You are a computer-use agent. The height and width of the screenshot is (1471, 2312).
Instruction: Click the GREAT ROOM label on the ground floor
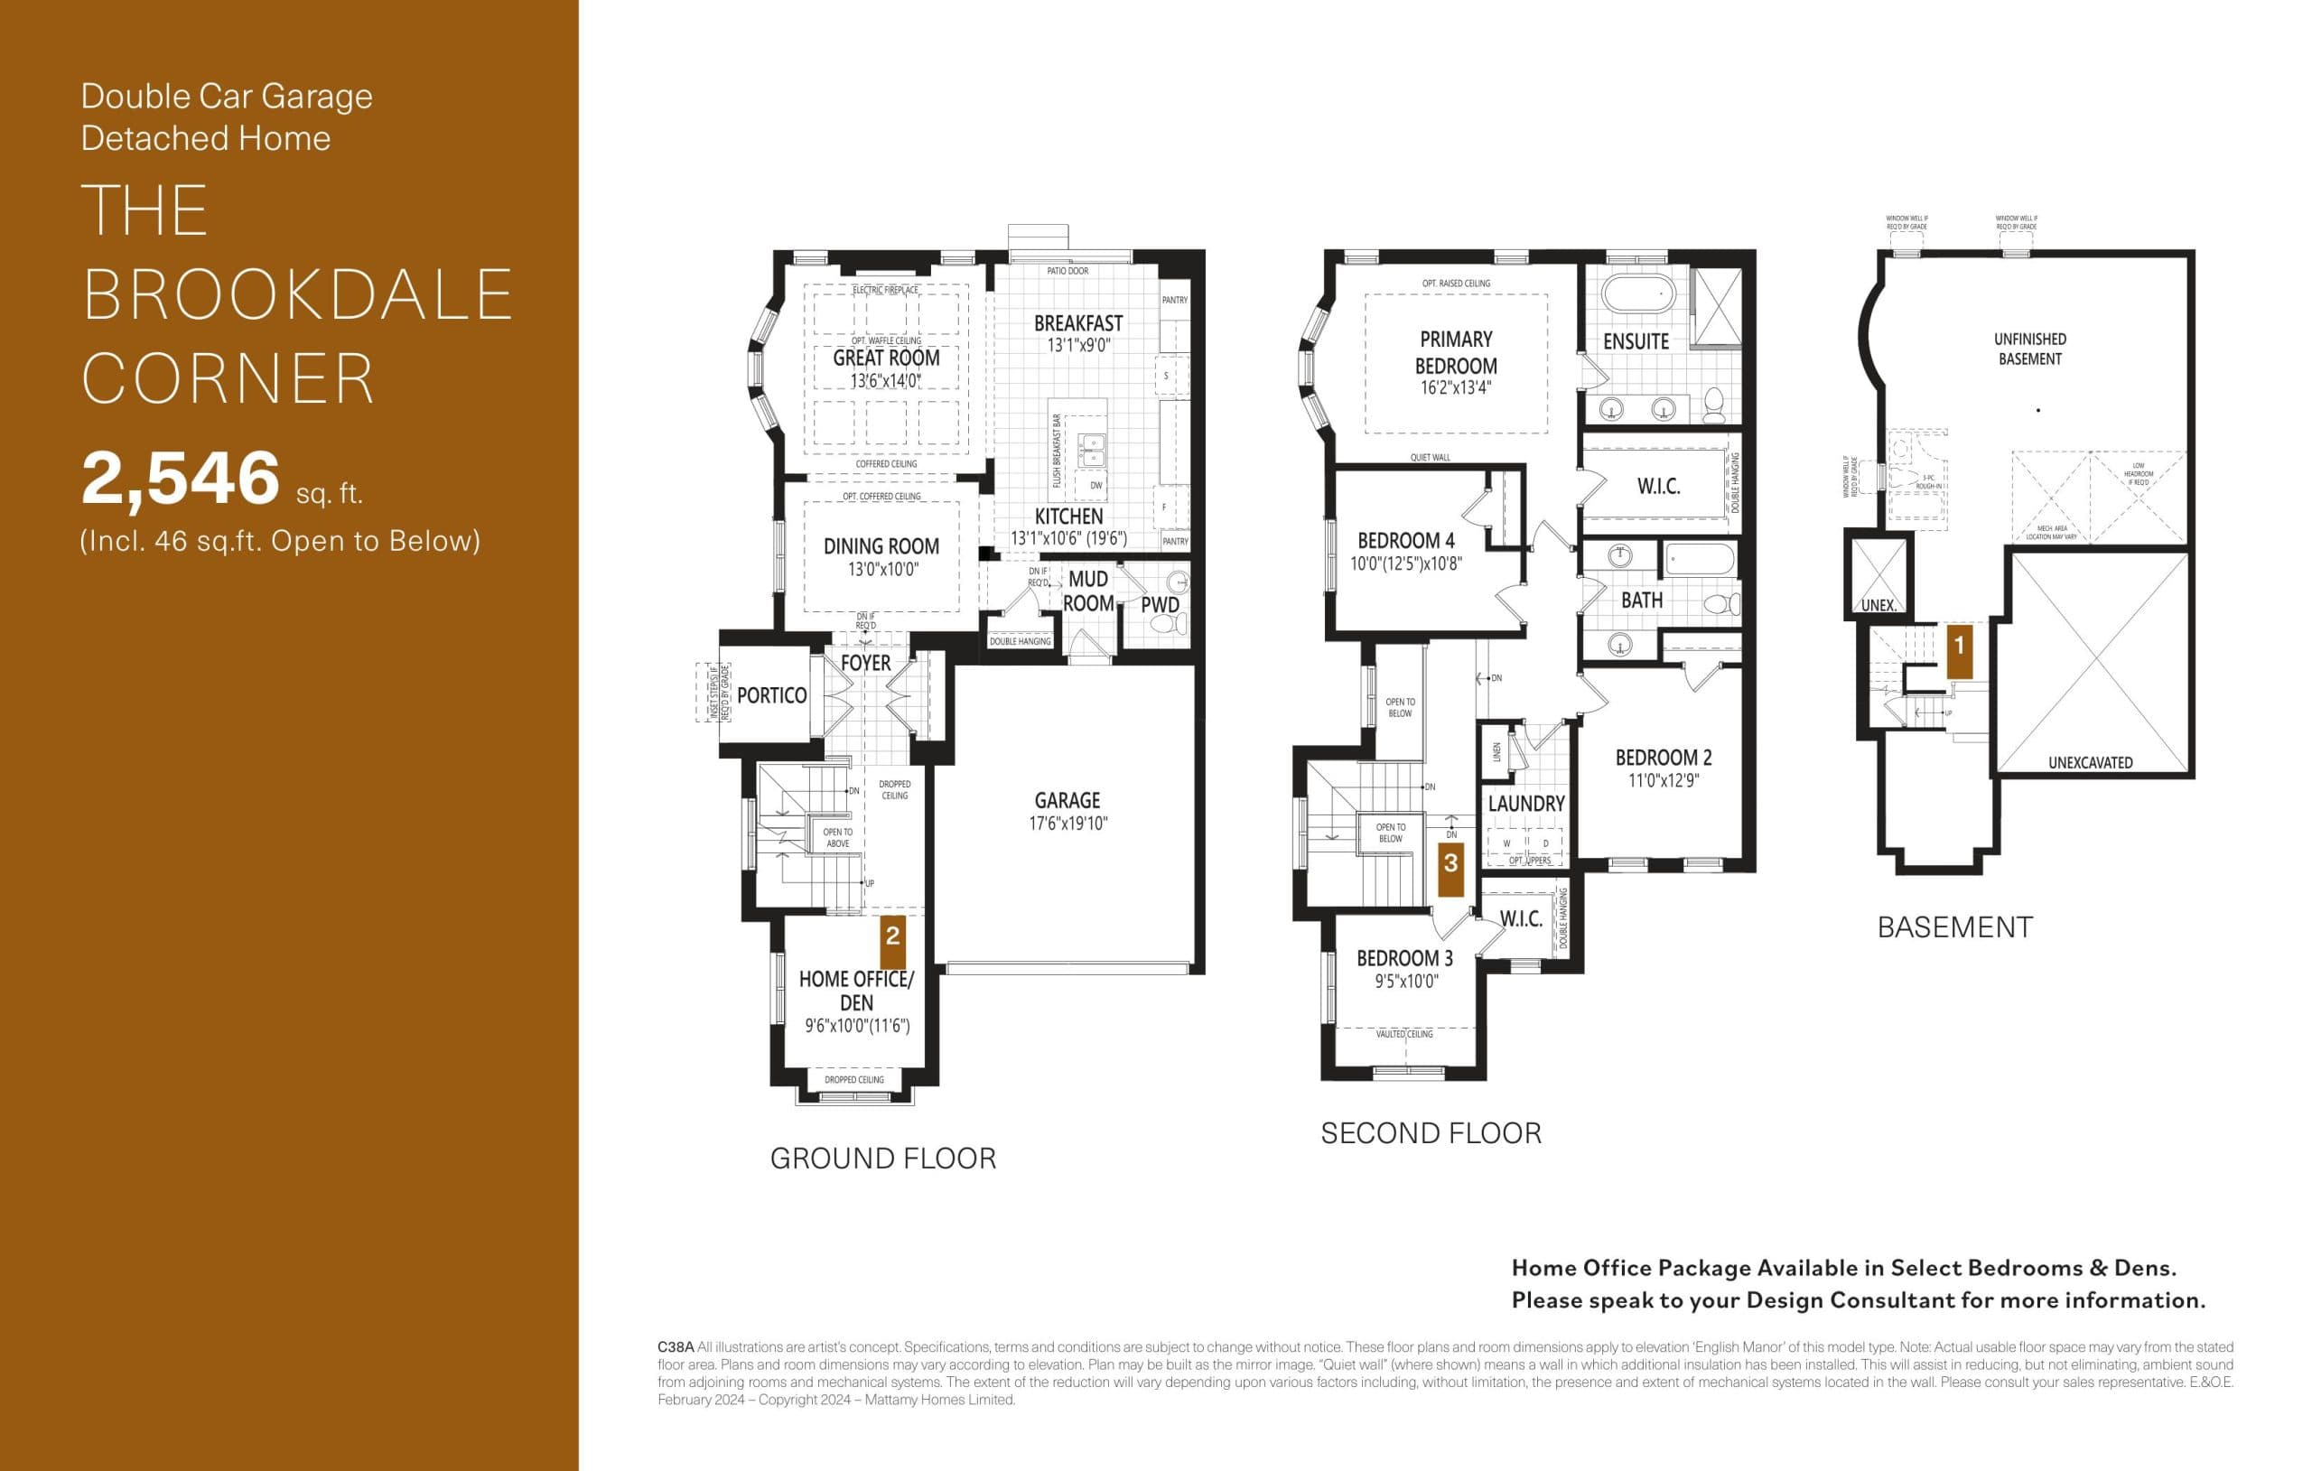pos(885,358)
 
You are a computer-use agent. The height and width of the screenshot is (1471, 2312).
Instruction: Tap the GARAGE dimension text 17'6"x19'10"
pos(1067,823)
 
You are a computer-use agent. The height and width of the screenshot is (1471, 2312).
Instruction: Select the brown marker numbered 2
pos(893,936)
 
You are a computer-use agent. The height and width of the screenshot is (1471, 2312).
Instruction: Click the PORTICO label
pos(771,695)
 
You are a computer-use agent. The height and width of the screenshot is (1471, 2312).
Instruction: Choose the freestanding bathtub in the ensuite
pos(1638,293)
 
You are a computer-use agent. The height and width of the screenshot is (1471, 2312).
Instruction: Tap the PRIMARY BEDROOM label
pos(1456,352)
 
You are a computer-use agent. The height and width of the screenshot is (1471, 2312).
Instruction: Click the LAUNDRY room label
pos(1525,803)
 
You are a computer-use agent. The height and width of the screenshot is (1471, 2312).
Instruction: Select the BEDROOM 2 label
pos(1663,758)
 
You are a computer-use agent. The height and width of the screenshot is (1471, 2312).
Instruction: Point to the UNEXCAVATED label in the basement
pos(2090,762)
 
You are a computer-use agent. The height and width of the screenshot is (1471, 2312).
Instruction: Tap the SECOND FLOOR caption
pos(1431,1133)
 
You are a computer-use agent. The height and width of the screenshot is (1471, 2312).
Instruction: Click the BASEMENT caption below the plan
pos(1955,926)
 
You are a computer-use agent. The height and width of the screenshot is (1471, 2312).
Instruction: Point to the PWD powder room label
pos(1160,605)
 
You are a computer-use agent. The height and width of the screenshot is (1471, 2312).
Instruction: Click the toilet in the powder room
pos(1169,623)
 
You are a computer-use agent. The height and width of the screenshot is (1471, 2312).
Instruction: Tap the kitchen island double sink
pos(1091,449)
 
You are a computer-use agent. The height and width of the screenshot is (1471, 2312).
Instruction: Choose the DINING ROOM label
pos(881,546)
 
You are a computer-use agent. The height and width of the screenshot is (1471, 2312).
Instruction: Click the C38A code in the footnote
pos(675,1347)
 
